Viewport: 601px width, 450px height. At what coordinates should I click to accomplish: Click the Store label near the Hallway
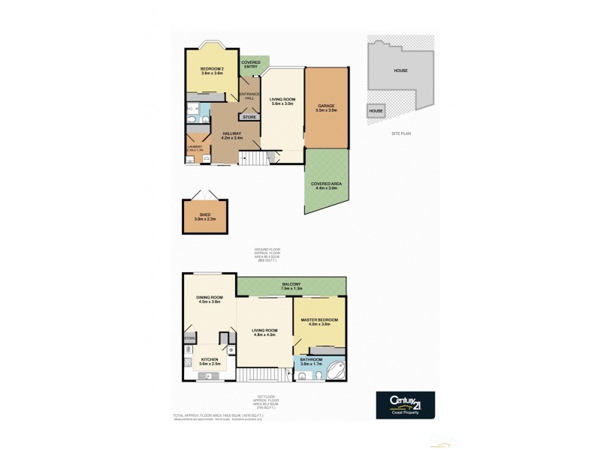coord(249,117)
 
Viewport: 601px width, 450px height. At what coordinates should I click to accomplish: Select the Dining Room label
coord(208,299)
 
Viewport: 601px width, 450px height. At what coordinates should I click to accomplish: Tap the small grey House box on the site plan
coord(376,112)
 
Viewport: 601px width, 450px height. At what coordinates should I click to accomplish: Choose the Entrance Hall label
coord(249,95)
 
